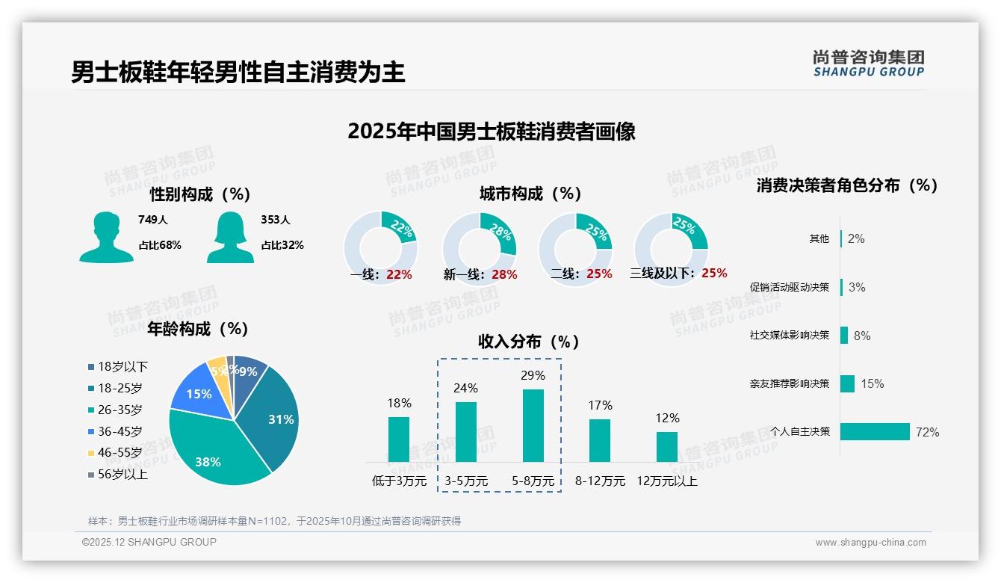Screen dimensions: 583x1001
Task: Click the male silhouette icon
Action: point(106,237)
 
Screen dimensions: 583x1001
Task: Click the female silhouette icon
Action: point(230,237)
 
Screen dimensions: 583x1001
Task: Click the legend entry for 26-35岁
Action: point(120,410)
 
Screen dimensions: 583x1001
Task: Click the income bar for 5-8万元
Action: point(533,425)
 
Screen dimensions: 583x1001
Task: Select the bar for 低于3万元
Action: point(399,439)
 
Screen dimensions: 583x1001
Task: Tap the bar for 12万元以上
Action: point(667,446)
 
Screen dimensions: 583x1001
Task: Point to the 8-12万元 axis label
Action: point(600,481)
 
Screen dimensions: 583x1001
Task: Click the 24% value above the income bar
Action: point(466,388)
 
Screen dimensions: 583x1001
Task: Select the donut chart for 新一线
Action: point(480,248)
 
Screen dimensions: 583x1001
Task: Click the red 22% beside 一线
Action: point(399,274)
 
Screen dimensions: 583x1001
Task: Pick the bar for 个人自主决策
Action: point(875,431)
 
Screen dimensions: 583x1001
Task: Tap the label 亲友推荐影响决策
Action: point(790,383)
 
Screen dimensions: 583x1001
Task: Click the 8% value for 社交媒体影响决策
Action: point(862,336)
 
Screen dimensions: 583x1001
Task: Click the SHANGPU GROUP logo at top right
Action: point(868,64)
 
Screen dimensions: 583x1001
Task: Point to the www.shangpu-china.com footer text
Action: point(870,543)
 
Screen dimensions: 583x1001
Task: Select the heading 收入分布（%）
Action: point(529,342)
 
